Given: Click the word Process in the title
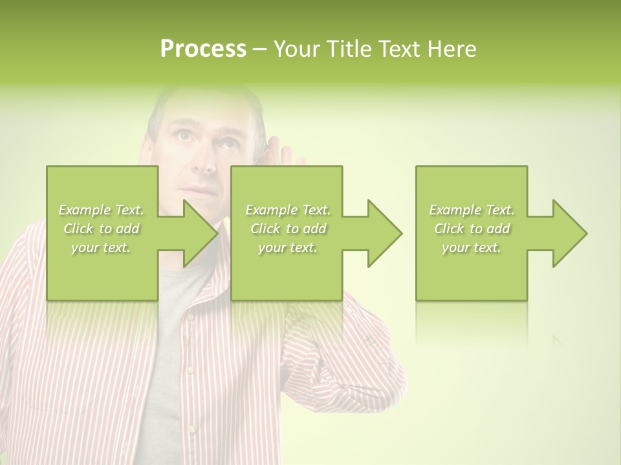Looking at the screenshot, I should pyautogui.click(x=203, y=49).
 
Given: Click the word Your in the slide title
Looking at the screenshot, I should pyautogui.click(x=296, y=49).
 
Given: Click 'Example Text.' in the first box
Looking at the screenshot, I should pyautogui.click(x=101, y=210).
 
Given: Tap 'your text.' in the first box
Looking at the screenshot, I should pyautogui.click(x=101, y=247).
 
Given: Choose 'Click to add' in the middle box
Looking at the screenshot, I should pyautogui.click(x=288, y=229).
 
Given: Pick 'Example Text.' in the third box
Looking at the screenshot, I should pyautogui.click(x=472, y=210).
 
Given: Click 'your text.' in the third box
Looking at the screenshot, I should pyautogui.click(x=472, y=247).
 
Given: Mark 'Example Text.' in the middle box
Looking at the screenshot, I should pyautogui.click(x=288, y=210).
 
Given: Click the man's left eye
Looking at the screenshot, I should pyautogui.click(x=228, y=143).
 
